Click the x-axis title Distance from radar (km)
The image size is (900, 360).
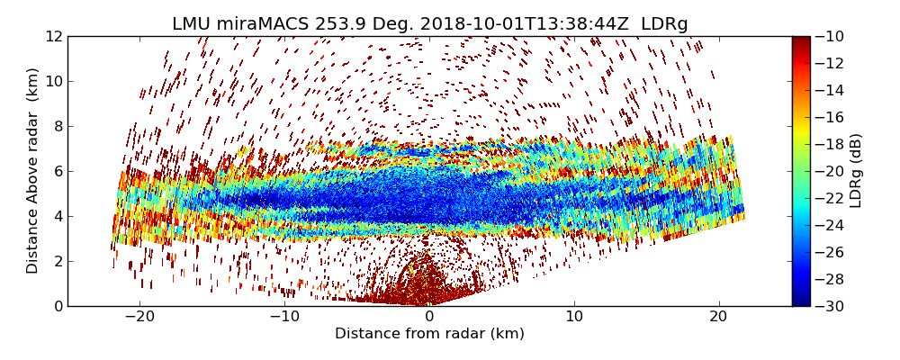(x=429, y=334)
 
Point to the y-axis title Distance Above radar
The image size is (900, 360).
(x=33, y=171)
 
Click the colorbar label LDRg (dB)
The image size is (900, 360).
(x=856, y=171)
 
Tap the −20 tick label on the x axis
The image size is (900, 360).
(x=139, y=317)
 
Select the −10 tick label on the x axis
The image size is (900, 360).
(x=284, y=317)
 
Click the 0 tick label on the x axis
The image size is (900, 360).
(x=429, y=317)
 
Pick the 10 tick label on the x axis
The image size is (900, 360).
(x=574, y=317)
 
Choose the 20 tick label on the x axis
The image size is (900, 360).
(x=718, y=317)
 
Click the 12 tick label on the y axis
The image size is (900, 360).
(x=53, y=36)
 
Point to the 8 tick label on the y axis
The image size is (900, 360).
(x=57, y=126)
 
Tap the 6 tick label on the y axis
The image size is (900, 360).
(x=57, y=171)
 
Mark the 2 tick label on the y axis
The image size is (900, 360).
(x=57, y=261)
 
